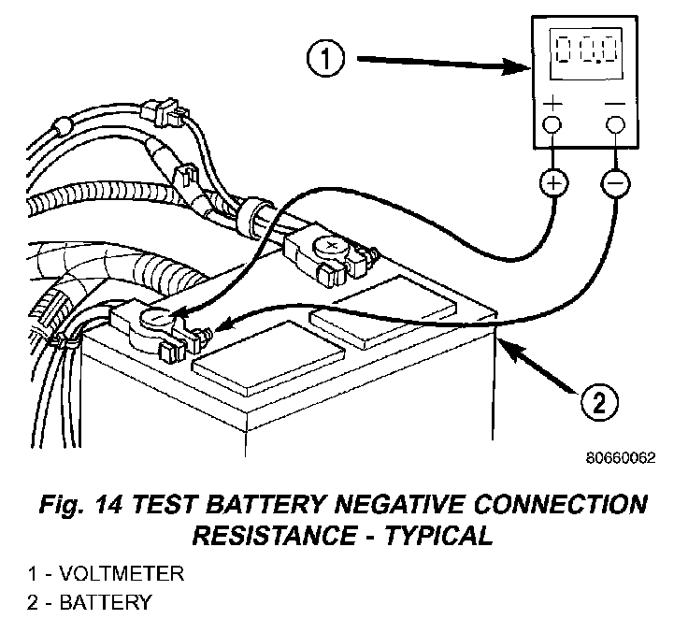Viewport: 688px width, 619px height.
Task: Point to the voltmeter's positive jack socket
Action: click(x=552, y=123)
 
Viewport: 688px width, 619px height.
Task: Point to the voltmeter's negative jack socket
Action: click(x=614, y=123)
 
